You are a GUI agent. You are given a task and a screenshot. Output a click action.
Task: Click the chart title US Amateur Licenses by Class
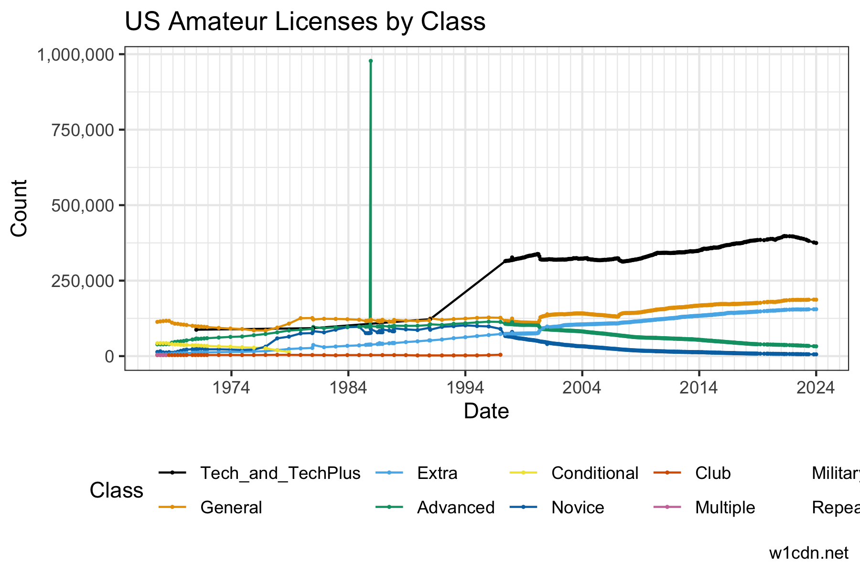click(x=305, y=22)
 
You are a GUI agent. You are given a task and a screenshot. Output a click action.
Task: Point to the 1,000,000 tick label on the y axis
click(x=75, y=55)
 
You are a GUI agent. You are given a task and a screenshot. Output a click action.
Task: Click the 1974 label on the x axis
click(x=231, y=387)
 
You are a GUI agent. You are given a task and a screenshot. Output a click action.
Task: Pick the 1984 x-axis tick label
click(x=348, y=387)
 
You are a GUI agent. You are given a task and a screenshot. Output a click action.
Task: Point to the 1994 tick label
click(x=465, y=387)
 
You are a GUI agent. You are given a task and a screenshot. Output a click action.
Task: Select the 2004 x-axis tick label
click(x=582, y=387)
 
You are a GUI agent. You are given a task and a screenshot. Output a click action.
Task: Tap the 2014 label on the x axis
click(x=699, y=387)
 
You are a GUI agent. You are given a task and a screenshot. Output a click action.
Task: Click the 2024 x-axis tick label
click(x=816, y=387)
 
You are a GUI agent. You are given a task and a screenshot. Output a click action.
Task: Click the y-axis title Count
click(x=19, y=208)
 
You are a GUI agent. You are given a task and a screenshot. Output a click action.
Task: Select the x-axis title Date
click(x=486, y=411)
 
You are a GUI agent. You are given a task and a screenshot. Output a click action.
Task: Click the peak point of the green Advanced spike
click(x=371, y=61)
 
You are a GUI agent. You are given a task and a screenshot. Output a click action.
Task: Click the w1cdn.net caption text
click(x=808, y=553)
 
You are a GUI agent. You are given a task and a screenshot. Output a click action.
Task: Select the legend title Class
click(x=117, y=490)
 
